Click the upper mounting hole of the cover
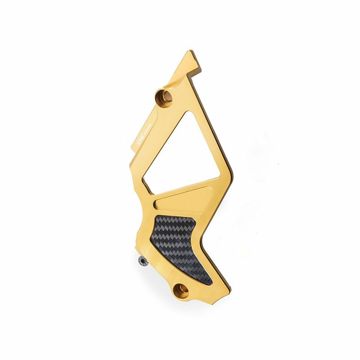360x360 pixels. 164,96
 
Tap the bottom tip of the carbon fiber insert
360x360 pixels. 209,283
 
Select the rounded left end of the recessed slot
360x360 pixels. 156,205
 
